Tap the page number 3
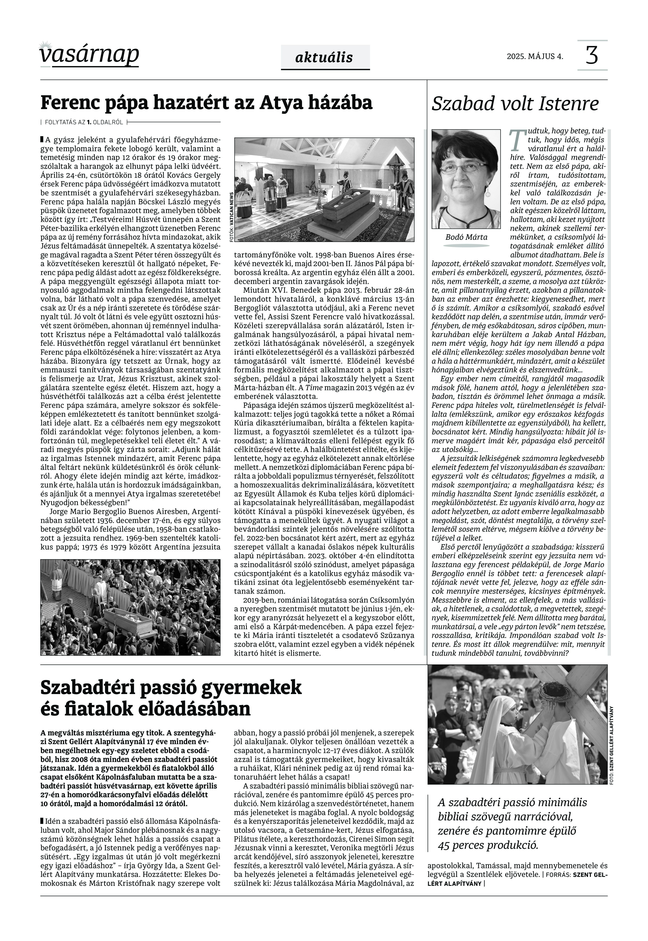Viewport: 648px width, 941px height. click(592, 56)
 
